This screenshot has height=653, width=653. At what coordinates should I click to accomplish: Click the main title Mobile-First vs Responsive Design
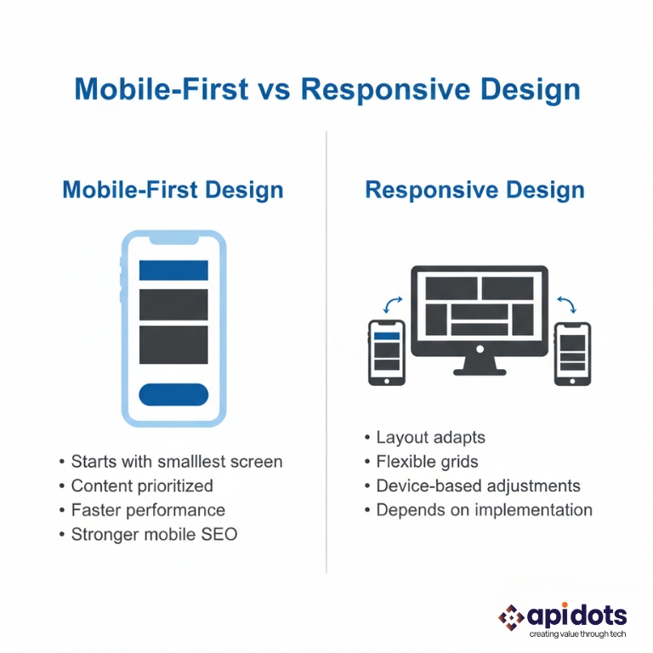point(327,89)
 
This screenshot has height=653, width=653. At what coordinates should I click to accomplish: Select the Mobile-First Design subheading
point(173,189)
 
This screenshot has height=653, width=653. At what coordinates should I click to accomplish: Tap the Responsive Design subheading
point(474,189)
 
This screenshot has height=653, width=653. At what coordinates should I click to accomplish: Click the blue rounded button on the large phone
point(173,394)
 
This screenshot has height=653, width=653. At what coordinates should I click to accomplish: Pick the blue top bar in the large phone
point(173,270)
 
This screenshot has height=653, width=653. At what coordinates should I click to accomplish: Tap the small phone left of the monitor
point(386,351)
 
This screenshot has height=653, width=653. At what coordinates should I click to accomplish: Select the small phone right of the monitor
point(572,353)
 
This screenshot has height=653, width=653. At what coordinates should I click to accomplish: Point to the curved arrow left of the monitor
point(394,304)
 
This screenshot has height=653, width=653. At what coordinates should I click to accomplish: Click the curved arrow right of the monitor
point(565,304)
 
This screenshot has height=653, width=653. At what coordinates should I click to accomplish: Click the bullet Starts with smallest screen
point(176,462)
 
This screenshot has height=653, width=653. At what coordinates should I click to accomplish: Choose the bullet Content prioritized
point(141,486)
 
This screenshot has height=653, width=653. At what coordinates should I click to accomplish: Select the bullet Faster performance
point(147,510)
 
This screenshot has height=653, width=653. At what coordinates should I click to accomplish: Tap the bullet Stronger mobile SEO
point(153,535)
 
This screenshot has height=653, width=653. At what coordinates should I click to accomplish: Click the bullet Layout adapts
point(430,438)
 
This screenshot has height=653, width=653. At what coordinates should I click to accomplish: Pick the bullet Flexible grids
point(427,462)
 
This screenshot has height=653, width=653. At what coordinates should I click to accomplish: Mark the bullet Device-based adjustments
point(478,486)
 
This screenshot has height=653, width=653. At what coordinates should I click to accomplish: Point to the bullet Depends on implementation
point(484,510)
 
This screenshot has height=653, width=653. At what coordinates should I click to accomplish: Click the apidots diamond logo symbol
point(512,616)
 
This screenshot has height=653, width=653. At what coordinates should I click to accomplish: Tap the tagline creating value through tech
point(577,634)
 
